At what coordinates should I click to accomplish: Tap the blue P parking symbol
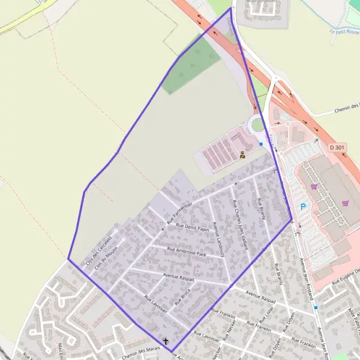point(303,207)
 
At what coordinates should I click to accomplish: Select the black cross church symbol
point(166,340)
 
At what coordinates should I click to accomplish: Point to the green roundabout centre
point(257,124)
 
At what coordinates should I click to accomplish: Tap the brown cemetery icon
point(242,155)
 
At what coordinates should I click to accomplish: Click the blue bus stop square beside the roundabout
point(261,144)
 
